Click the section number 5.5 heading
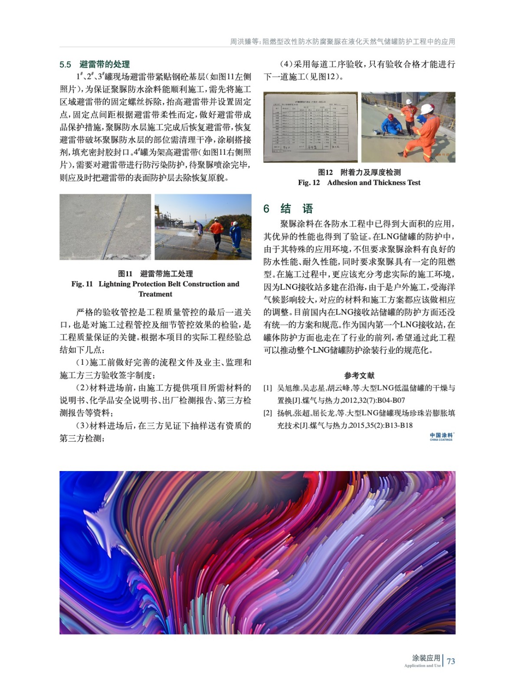[65, 65]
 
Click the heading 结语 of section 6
[297, 209]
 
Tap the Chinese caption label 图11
[125, 274]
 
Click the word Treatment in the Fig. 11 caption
[155, 294]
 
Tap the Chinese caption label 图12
[325, 172]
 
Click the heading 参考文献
[359, 376]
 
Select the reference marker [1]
[268, 388]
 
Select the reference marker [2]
[268, 413]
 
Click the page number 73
[451, 661]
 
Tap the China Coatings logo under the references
[441, 436]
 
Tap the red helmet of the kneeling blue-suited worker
[390, 116]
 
